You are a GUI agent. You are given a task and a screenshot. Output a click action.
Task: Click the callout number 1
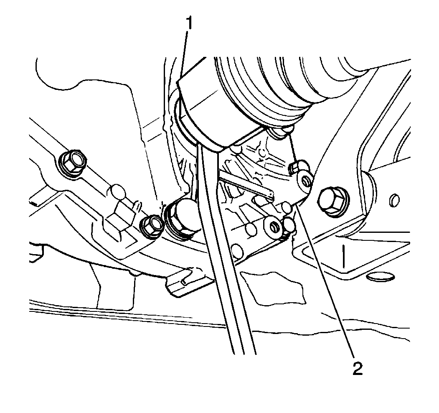(x=190, y=23)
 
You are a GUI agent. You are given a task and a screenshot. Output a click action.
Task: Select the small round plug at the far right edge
(x=394, y=200)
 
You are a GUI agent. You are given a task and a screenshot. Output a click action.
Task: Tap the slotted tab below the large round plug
(x=189, y=282)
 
